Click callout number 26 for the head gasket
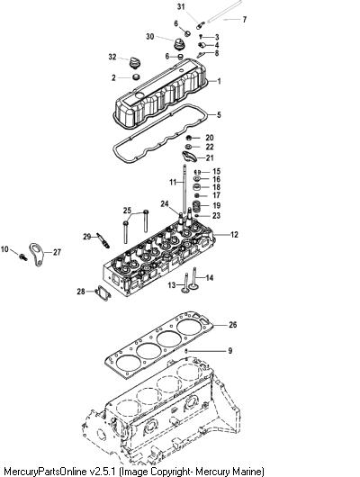233,325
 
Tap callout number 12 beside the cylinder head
234,235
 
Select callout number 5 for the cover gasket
219,115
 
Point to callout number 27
57,252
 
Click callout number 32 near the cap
112,57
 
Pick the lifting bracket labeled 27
37,255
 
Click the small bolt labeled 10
22,256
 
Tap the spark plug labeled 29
103,240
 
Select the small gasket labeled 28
103,293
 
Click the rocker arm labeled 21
189,157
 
